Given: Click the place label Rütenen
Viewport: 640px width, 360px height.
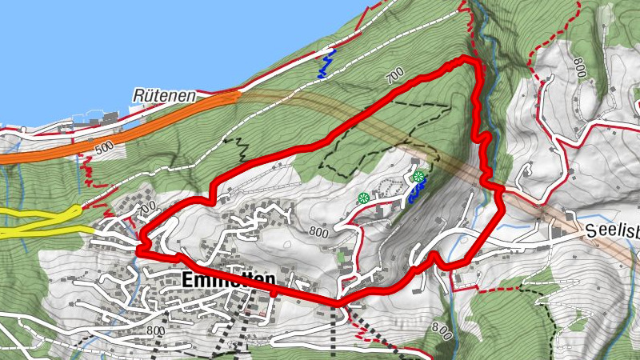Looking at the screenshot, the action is tap(165, 96).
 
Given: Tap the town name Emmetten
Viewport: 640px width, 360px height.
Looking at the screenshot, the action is tap(228, 280).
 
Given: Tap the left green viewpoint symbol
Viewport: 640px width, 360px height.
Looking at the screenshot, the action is tap(363, 198).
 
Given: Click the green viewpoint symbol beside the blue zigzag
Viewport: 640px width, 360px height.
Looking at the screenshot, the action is tap(418, 176).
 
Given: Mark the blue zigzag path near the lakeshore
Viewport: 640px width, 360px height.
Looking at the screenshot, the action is tap(325, 64).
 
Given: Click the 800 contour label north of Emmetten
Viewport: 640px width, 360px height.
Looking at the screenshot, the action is tap(318, 233).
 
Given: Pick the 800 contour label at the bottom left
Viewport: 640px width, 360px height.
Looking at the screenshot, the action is tap(155, 330).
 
